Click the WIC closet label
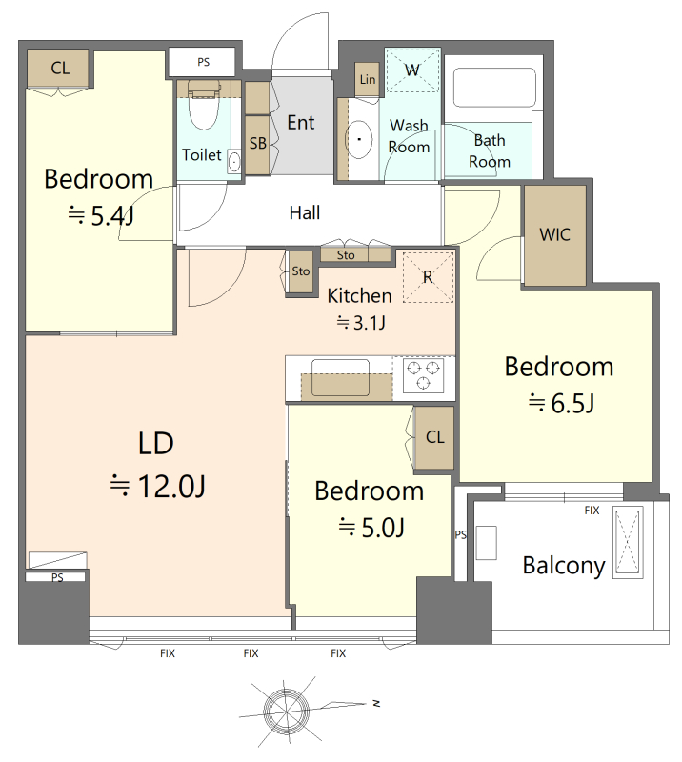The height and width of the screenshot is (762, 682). point(554,234)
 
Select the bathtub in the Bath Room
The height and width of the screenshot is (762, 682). point(494,88)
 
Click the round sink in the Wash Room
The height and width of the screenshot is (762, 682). point(359,139)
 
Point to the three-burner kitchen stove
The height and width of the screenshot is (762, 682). point(423,375)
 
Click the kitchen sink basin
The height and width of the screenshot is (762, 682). point(340,377)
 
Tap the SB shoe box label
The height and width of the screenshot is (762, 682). point(257,144)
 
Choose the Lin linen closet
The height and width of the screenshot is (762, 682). point(367,79)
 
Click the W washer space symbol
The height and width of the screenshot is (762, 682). point(412,70)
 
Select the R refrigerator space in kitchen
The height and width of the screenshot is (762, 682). point(428,277)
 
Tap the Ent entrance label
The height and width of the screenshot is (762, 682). point(301,123)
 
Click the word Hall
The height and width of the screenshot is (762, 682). point(305,212)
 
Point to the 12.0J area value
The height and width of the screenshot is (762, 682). point(171,486)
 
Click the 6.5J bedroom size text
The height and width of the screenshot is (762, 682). point(572,403)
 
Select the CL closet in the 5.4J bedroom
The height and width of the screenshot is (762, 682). point(59,68)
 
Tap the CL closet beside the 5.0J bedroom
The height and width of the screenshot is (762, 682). point(434,437)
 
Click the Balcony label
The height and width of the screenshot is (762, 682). point(564,565)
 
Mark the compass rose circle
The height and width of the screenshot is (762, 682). point(287,712)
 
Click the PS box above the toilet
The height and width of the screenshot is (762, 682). point(203,62)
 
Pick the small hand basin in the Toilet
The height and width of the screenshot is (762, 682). point(234,161)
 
